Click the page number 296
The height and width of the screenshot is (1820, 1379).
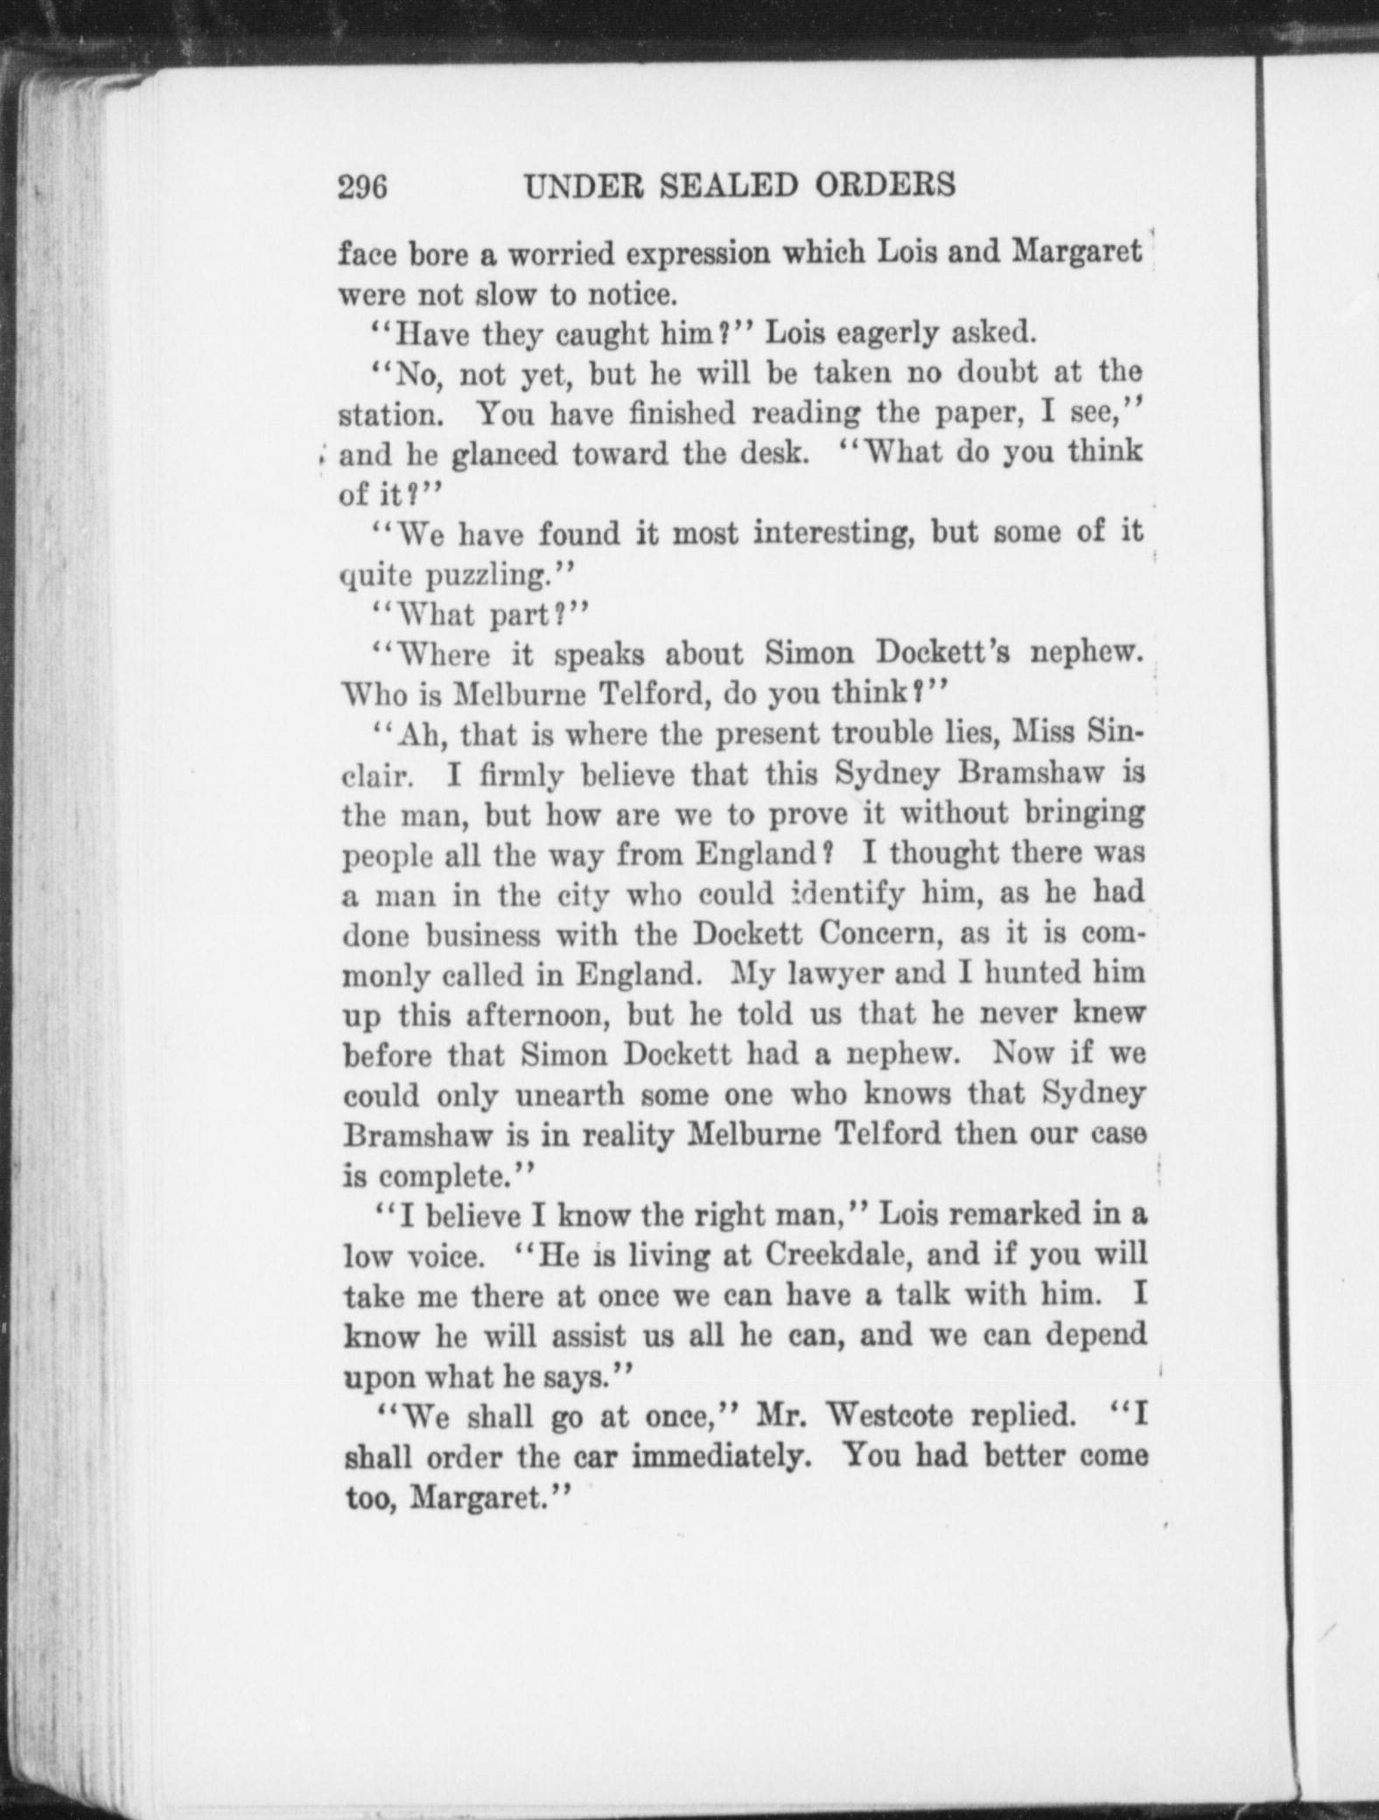click(x=362, y=187)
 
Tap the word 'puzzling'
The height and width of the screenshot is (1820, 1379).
click(x=486, y=576)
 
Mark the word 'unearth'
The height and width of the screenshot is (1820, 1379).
click(x=569, y=1095)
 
